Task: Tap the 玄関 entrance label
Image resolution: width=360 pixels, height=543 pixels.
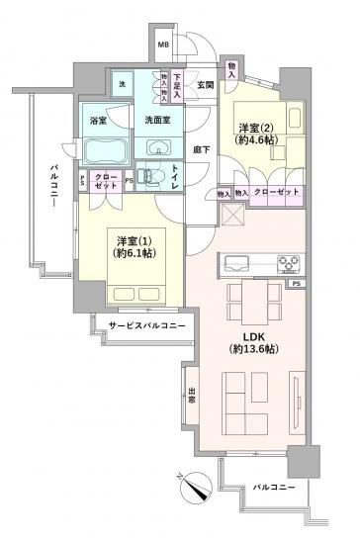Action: click(x=205, y=85)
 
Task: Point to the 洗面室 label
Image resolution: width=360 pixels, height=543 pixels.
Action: click(x=157, y=121)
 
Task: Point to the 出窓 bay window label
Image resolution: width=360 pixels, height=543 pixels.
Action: click(x=190, y=400)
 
